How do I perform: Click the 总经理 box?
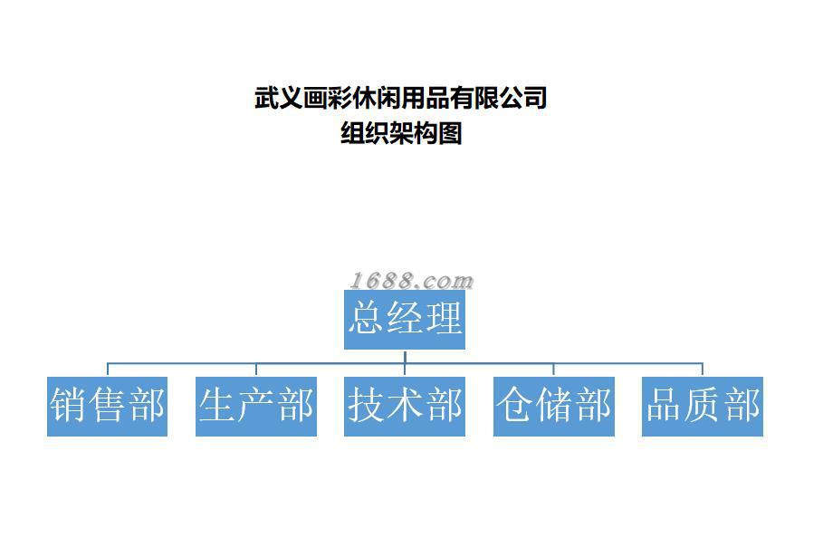point(404,319)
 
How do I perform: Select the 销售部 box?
point(107,406)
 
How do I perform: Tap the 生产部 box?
point(255,406)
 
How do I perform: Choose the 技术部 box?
point(404,406)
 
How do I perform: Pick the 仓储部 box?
point(553,406)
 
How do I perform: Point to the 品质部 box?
point(702,406)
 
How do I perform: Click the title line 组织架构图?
point(401,134)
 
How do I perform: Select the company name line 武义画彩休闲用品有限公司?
point(401,97)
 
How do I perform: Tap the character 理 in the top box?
point(444,319)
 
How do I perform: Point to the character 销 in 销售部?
point(69,406)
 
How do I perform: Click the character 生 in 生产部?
point(217,406)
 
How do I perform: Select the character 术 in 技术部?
point(404,406)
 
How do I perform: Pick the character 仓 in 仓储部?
point(515,406)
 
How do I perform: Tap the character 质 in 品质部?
point(703,406)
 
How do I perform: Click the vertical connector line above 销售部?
point(108,370)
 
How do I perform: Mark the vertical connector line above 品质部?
point(702,370)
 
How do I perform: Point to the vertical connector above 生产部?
point(256,370)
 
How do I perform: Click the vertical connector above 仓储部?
point(553,370)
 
